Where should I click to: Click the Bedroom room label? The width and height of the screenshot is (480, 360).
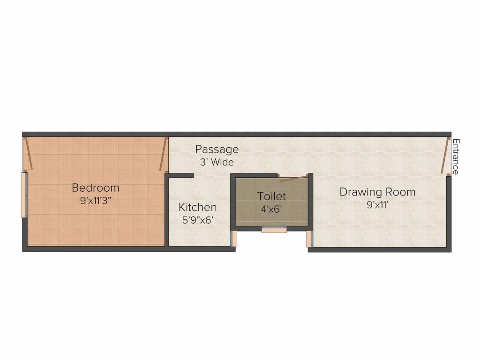coord(95,188)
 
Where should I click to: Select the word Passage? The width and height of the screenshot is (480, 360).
coord(217,150)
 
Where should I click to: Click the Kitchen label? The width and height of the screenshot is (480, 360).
coord(197,207)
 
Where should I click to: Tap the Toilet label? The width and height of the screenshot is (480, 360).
coord(271,196)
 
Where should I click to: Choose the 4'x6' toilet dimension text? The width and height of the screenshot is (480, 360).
coord(271,209)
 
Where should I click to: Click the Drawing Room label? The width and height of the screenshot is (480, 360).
coord(377,192)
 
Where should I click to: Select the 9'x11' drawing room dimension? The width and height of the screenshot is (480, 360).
coord(377,204)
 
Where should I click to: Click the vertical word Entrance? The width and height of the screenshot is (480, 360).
coord(456,157)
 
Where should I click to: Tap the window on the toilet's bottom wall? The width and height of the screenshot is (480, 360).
coord(274,230)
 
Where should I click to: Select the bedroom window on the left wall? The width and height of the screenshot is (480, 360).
coord(23,195)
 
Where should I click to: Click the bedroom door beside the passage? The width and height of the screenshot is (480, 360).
coord(163,154)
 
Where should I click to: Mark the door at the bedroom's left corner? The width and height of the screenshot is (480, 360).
coord(28,154)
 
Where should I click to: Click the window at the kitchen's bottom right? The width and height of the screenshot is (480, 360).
coord(234,238)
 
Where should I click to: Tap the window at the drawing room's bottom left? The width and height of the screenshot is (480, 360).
coord(309,238)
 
